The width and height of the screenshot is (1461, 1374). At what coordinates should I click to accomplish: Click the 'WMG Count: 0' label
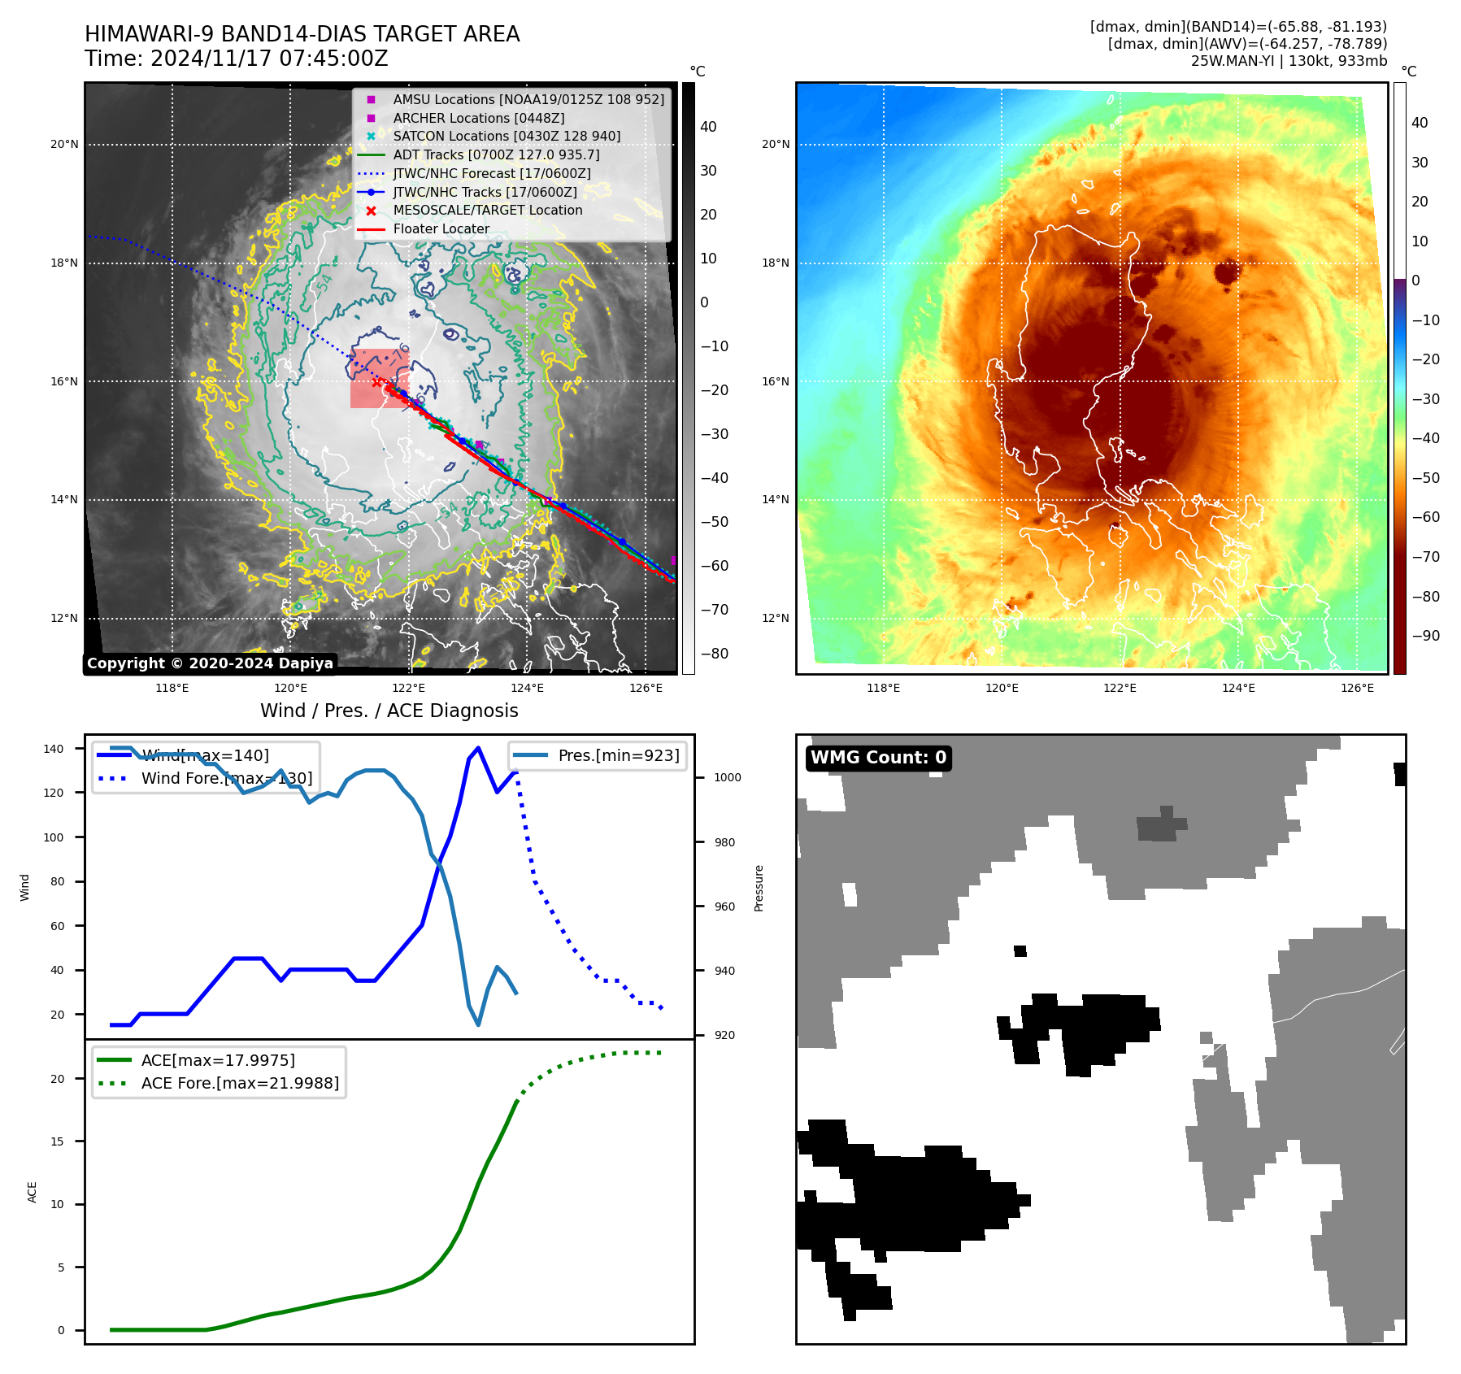(878, 758)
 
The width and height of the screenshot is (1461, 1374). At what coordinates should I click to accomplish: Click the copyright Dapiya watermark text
(210, 663)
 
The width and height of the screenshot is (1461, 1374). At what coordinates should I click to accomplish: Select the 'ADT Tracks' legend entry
(496, 154)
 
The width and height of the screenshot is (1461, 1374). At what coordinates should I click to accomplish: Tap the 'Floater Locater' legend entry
(441, 229)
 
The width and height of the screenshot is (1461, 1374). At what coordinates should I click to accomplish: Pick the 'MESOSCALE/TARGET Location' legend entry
(487, 211)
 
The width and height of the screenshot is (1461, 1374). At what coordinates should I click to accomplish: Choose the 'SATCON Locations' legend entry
(506, 137)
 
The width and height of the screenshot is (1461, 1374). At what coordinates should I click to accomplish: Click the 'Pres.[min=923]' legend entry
(618, 755)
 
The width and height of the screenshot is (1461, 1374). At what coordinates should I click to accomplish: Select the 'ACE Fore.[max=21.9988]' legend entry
(240, 1083)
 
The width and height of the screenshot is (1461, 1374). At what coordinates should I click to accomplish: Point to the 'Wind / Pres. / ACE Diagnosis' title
(389, 711)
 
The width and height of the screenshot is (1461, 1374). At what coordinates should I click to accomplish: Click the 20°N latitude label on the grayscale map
(65, 145)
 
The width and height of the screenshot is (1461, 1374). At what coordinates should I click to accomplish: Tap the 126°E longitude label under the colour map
(1357, 689)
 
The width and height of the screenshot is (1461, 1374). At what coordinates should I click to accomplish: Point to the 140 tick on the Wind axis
(54, 749)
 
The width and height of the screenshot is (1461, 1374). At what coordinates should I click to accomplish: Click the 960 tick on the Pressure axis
(724, 907)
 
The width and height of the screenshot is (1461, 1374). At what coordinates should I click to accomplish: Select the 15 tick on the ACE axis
(58, 1141)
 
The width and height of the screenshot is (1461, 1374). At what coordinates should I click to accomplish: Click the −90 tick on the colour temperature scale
(1426, 636)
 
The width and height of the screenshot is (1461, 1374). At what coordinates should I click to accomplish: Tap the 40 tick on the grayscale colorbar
(708, 127)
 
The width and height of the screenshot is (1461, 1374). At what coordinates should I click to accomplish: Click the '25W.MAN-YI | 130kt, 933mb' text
(1289, 61)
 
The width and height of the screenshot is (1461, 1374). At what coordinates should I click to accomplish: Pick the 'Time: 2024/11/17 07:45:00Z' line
(237, 59)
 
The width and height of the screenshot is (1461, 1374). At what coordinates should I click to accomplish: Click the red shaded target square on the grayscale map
(379, 379)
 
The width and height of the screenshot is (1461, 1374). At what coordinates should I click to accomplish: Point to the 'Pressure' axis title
(759, 888)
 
